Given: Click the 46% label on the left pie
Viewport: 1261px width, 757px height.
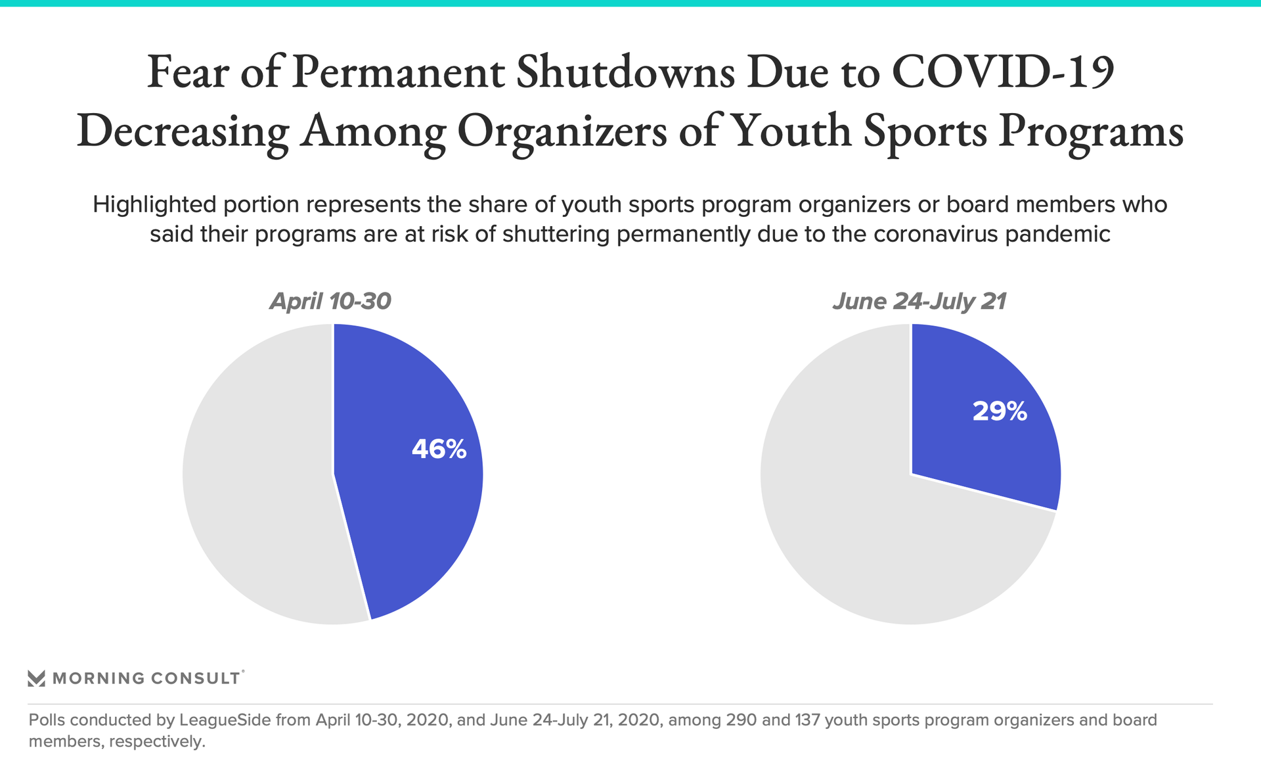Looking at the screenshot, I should [439, 449].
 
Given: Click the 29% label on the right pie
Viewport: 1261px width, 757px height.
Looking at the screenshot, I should [1000, 411].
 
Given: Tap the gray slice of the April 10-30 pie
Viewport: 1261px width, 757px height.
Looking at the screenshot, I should [256, 473].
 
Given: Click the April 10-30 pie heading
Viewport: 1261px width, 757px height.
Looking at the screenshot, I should [330, 301].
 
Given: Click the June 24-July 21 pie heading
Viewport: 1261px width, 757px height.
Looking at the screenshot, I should [919, 301].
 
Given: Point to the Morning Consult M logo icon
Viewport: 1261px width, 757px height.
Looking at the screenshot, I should [36, 678].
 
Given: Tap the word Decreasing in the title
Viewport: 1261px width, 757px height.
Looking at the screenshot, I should [183, 131].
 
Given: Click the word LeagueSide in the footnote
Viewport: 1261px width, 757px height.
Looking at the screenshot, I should [225, 720].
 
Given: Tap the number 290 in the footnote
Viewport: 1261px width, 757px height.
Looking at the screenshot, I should [741, 720].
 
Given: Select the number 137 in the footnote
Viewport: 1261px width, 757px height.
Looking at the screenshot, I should [807, 720].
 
